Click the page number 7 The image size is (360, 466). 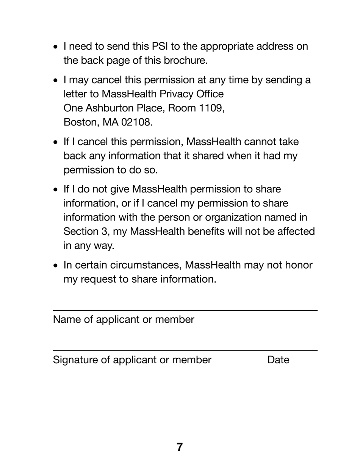(180, 447)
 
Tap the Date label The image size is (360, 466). (278, 360)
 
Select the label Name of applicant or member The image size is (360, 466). (124, 320)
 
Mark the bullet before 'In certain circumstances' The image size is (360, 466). (56, 266)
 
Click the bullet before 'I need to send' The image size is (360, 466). (56, 47)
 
